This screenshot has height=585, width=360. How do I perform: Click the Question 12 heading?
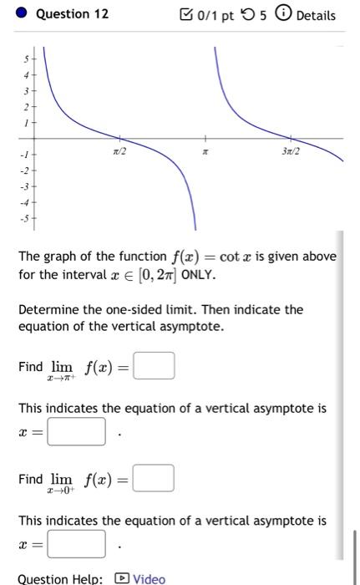[74, 15]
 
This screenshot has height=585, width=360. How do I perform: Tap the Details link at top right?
[316, 15]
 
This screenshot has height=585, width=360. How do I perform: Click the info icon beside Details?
[286, 15]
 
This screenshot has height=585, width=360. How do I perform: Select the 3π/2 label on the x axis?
[291, 151]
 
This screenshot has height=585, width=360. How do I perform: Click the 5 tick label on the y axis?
[26, 59]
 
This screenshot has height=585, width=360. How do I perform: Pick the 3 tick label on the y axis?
[26, 90]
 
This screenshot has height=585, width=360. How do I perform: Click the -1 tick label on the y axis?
[24, 155]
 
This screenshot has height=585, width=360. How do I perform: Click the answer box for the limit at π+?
[155, 366]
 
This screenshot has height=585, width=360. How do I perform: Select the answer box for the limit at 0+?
[155, 479]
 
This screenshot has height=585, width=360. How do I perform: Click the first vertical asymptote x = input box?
[77, 432]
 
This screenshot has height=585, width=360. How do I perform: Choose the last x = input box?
[77, 544]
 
